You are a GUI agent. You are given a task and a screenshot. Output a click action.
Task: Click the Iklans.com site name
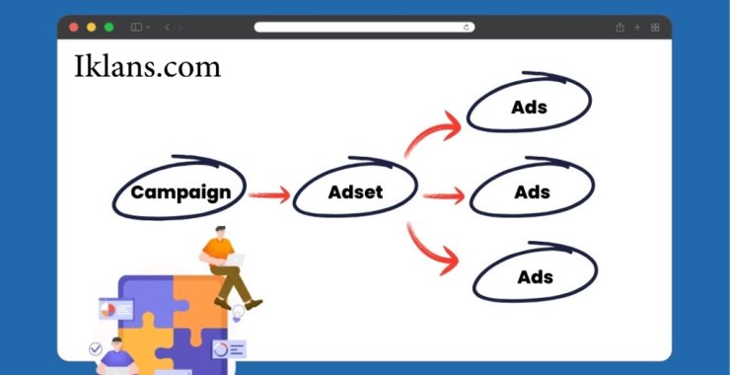pyautogui.click(x=147, y=66)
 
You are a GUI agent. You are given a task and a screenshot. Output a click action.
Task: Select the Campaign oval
pyautogui.click(x=174, y=191)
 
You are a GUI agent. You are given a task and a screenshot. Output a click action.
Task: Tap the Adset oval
pyautogui.click(x=354, y=191)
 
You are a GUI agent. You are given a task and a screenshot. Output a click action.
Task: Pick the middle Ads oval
pyautogui.click(x=531, y=191)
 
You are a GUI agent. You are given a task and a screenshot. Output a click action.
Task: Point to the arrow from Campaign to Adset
pyautogui.click(x=269, y=194)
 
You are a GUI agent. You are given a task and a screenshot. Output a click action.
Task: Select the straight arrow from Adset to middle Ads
pyautogui.click(x=443, y=194)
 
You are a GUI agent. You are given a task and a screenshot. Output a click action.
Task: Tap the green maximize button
pyautogui.click(x=109, y=27)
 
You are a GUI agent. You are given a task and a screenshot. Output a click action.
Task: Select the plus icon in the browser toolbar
pyautogui.click(x=637, y=27)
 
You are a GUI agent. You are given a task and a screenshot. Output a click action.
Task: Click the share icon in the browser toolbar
pyautogui.click(x=620, y=27)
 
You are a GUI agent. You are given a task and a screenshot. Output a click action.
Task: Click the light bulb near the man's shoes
pyautogui.click(x=238, y=312)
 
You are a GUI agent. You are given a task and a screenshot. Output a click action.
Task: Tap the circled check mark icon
pyautogui.click(x=96, y=349)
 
